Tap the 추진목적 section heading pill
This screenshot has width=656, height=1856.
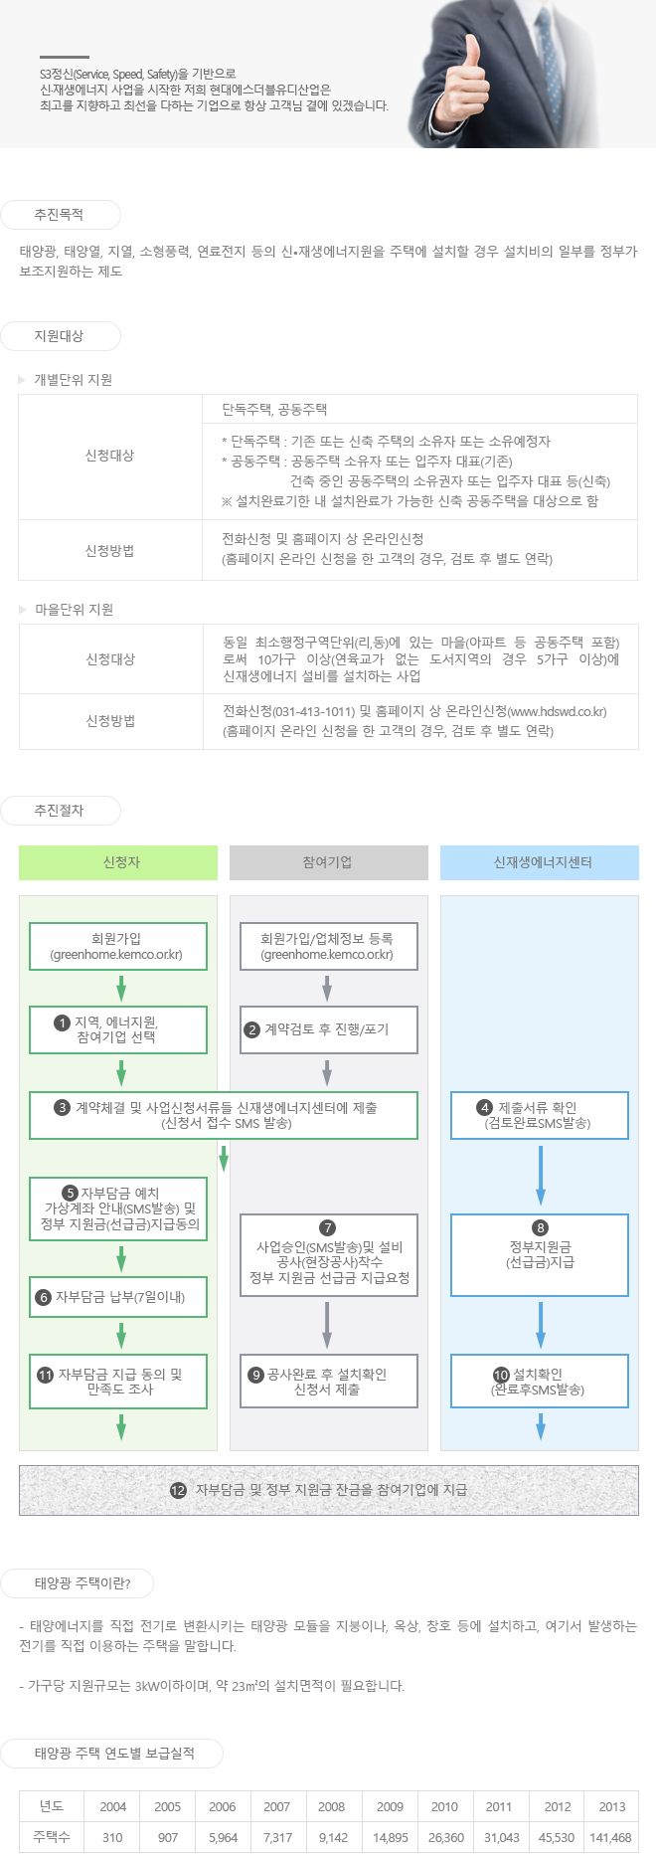(x=60, y=215)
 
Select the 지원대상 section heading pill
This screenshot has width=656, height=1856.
(x=60, y=336)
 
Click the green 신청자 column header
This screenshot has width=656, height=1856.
(x=118, y=862)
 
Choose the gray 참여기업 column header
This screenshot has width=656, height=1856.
(x=329, y=862)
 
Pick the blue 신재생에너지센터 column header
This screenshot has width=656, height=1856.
(x=540, y=862)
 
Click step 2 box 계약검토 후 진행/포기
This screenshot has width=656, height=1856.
(x=329, y=1029)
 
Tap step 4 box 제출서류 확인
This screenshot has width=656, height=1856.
(x=540, y=1115)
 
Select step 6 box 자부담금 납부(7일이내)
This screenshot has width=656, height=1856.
(x=118, y=1297)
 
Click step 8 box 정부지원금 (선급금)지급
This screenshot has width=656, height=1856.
(x=540, y=1255)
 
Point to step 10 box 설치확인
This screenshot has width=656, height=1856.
(x=540, y=1382)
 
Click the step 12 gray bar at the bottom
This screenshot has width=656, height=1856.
(x=329, y=1490)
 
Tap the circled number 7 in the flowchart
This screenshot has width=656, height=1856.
(x=328, y=1228)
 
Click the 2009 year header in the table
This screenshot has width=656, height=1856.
(x=390, y=1806)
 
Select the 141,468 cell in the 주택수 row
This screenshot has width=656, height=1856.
(x=610, y=1837)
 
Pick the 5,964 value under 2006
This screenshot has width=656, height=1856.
(x=223, y=1837)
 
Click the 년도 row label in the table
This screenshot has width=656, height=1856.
(x=52, y=1806)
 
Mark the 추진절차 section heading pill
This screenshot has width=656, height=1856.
(x=60, y=811)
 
